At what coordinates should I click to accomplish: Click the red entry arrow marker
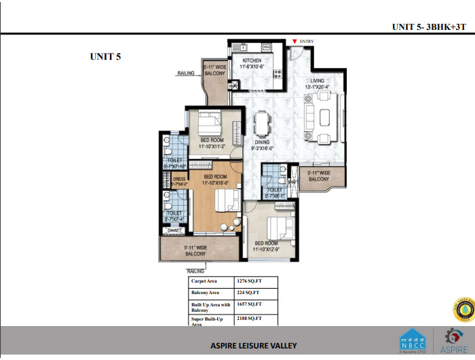(x=294, y=41)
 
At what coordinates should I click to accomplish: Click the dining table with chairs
(x=262, y=124)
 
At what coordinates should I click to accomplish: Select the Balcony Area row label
(x=206, y=293)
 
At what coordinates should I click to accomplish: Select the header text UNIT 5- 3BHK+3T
(x=430, y=27)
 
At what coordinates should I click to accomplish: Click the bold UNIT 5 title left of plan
(x=105, y=56)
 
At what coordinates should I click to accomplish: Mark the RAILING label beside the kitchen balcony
(x=186, y=73)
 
